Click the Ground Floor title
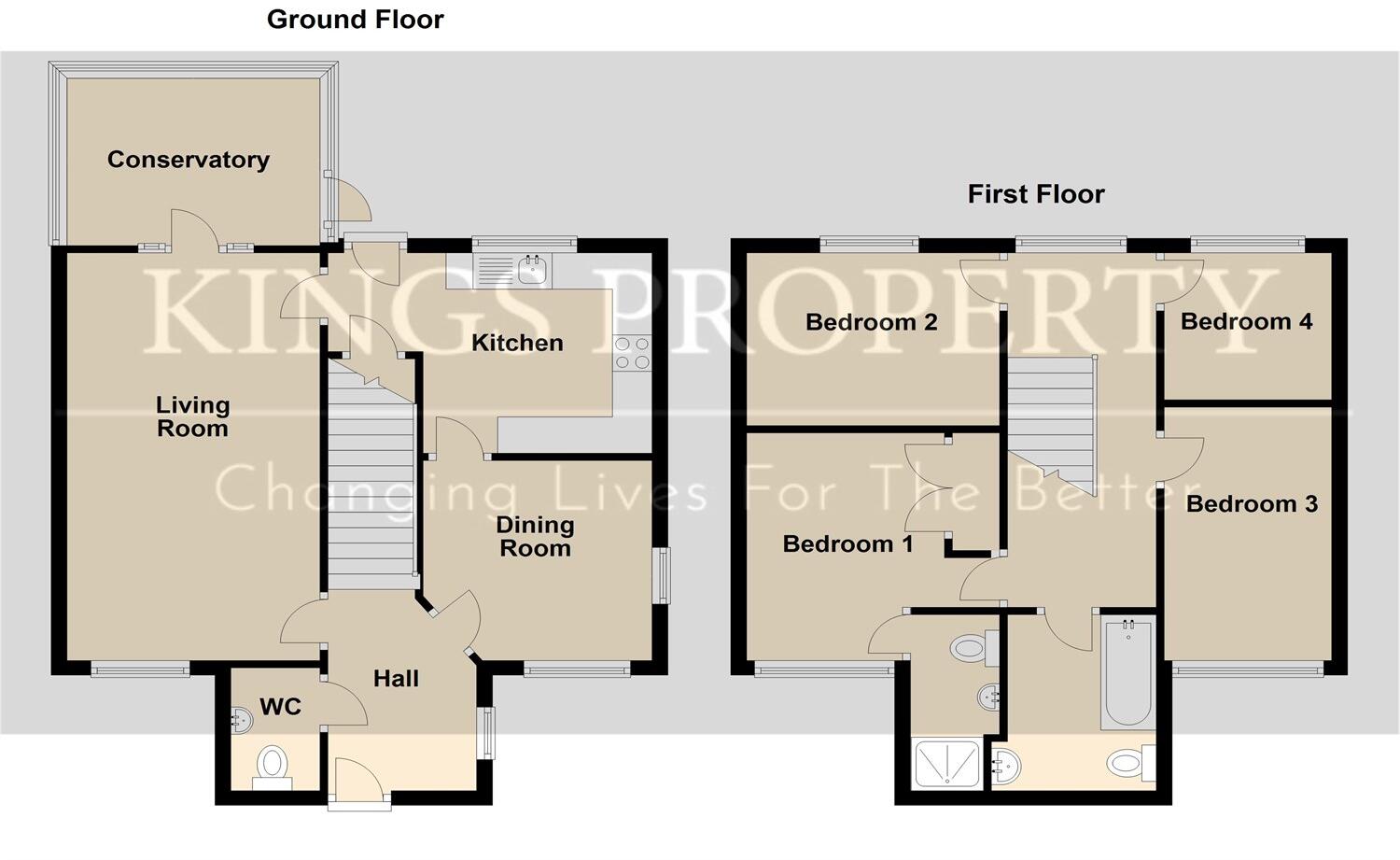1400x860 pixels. (x=355, y=20)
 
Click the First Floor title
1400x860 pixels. (x=1035, y=194)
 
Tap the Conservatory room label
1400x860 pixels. (x=188, y=160)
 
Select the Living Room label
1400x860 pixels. (x=192, y=416)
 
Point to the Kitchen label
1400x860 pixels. (x=517, y=343)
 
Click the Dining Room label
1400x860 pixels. (x=535, y=536)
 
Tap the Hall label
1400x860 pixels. (x=396, y=679)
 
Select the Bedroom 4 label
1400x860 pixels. (x=1246, y=322)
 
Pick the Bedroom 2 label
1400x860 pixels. (x=871, y=323)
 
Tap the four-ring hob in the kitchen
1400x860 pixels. (x=632, y=353)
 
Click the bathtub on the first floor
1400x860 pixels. (x=1127, y=672)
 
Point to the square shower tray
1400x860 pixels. (x=948, y=763)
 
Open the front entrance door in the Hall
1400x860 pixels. (x=359, y=781)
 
